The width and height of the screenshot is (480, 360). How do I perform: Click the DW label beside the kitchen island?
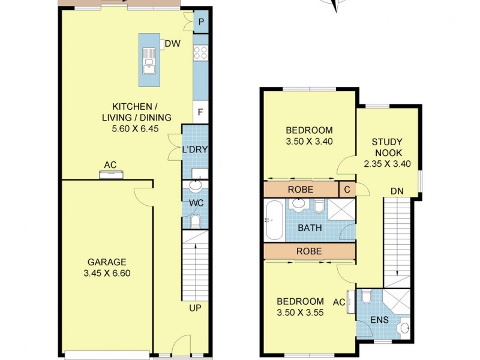[x=173, y=43]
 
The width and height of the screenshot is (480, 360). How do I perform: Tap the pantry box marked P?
[x=201, y=22]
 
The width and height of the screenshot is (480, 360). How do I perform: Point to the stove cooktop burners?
[x=201, y=52]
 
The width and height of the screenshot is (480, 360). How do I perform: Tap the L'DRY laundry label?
[x=195, y=150]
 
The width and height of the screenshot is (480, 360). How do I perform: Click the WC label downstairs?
[x=196, y=203]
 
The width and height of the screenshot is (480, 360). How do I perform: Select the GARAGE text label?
[x=107, y=262]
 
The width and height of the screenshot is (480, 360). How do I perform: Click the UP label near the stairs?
[x=195, y=308]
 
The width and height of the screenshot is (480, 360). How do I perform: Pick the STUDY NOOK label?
[x=387, y=147]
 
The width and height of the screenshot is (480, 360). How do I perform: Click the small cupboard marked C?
[x=346, y=190]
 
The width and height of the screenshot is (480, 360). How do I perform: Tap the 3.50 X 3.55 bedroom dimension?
[x=299, y=312]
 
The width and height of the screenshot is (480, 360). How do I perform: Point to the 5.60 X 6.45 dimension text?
[x=136, y=128]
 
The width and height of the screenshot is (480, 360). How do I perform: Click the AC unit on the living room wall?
[x=112, y=175]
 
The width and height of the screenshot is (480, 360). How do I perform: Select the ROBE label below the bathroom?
[x=308, y=251]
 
